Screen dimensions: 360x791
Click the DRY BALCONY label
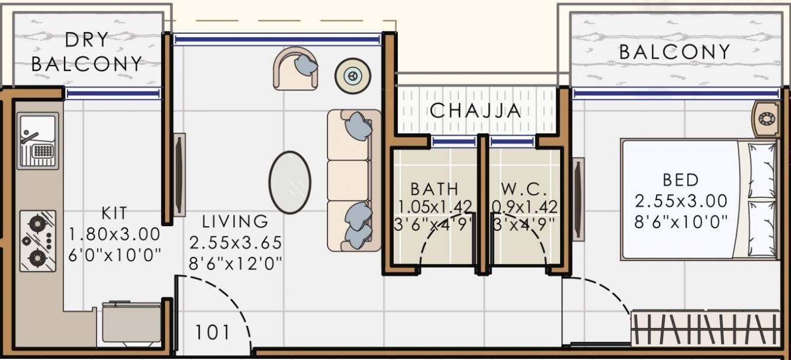pyautogui.click(x=86, y=52)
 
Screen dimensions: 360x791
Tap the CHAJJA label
pyautogui.click(x=475, y=111)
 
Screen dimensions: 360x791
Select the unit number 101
pyautogui.click(x=213, y=332)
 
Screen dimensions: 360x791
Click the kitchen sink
pyautogui.click(x=38, y=140)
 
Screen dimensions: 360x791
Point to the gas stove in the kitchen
pyautogui.click(x=38, y=240)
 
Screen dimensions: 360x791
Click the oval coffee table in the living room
pyautogui.click(x=290, y=182)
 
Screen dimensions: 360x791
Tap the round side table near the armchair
pyautogui.click(x=353, y=76)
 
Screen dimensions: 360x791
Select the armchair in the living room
pyautogui.click(x=295, y=69)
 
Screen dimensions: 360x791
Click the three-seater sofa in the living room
pyautogui.click(x=353, y=179)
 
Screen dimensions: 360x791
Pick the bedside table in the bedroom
pyautogui.click(x=766, y=119)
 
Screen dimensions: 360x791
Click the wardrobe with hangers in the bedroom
pyautogui.click(x=705, y=328)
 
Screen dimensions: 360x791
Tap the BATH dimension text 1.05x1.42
pyautogui.click(x=435, y=207)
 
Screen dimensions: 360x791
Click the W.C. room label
pyautogui.click(x=525, y=189)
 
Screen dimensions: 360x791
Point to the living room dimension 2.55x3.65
pyautogui.click(x=235, y=243)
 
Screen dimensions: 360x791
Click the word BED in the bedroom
pyautogui.click(x=680, y=179)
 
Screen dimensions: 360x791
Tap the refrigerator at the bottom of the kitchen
pyautogui.click(x=131, y=323)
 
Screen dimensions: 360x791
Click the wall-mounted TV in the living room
pyautogui.click(x=179, y=174)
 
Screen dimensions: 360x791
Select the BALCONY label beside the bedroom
pyautogui.click(x=674, y=52)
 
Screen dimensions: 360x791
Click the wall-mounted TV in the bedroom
pyautogui.click(x=578, y=198)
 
